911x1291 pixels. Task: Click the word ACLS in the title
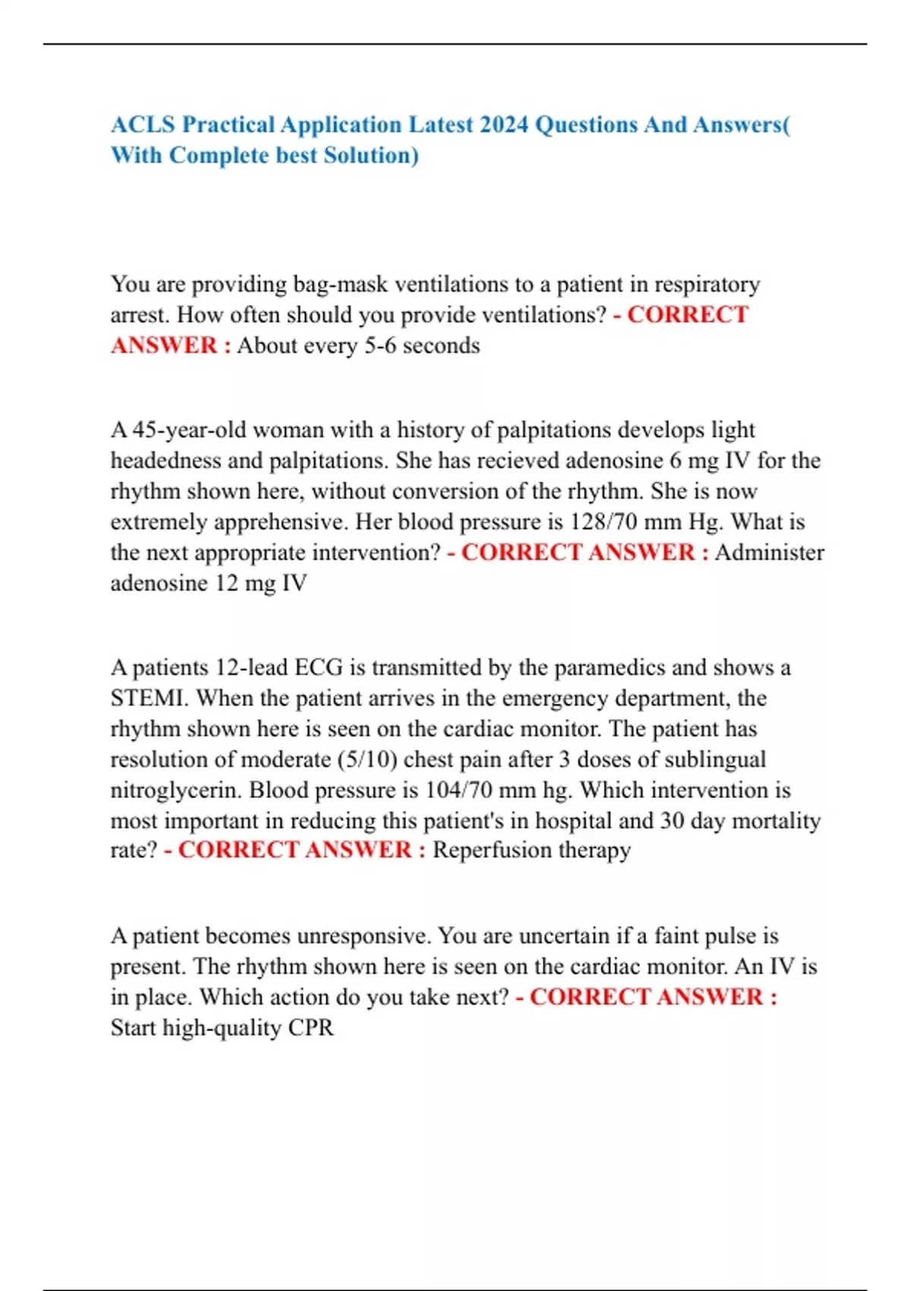(x=143, y=125)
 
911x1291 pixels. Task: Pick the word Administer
(x=769, y=553)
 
